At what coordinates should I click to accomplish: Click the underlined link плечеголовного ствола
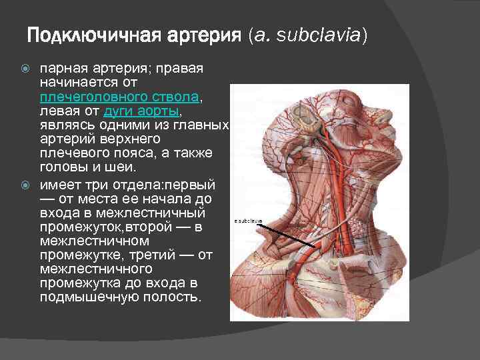[x=120, y=97]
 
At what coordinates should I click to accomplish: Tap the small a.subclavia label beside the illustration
[x=248, y=220]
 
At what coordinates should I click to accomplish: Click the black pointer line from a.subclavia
[x=280, y=233]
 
